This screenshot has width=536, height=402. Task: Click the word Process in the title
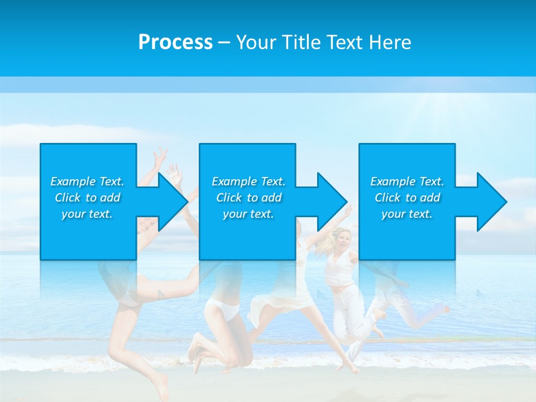175,42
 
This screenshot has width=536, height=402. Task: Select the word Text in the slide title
344,42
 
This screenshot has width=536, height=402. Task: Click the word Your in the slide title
256,42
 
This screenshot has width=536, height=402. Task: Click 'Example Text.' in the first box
87,181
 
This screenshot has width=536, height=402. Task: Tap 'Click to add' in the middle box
248,198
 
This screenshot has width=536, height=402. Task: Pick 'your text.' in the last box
407,214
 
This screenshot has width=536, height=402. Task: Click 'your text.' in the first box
87,214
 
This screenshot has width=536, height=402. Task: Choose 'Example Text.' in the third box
407,181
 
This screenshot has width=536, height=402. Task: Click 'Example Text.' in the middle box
248,181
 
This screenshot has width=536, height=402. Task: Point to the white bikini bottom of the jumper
222,309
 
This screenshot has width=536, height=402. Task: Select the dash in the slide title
224,42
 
